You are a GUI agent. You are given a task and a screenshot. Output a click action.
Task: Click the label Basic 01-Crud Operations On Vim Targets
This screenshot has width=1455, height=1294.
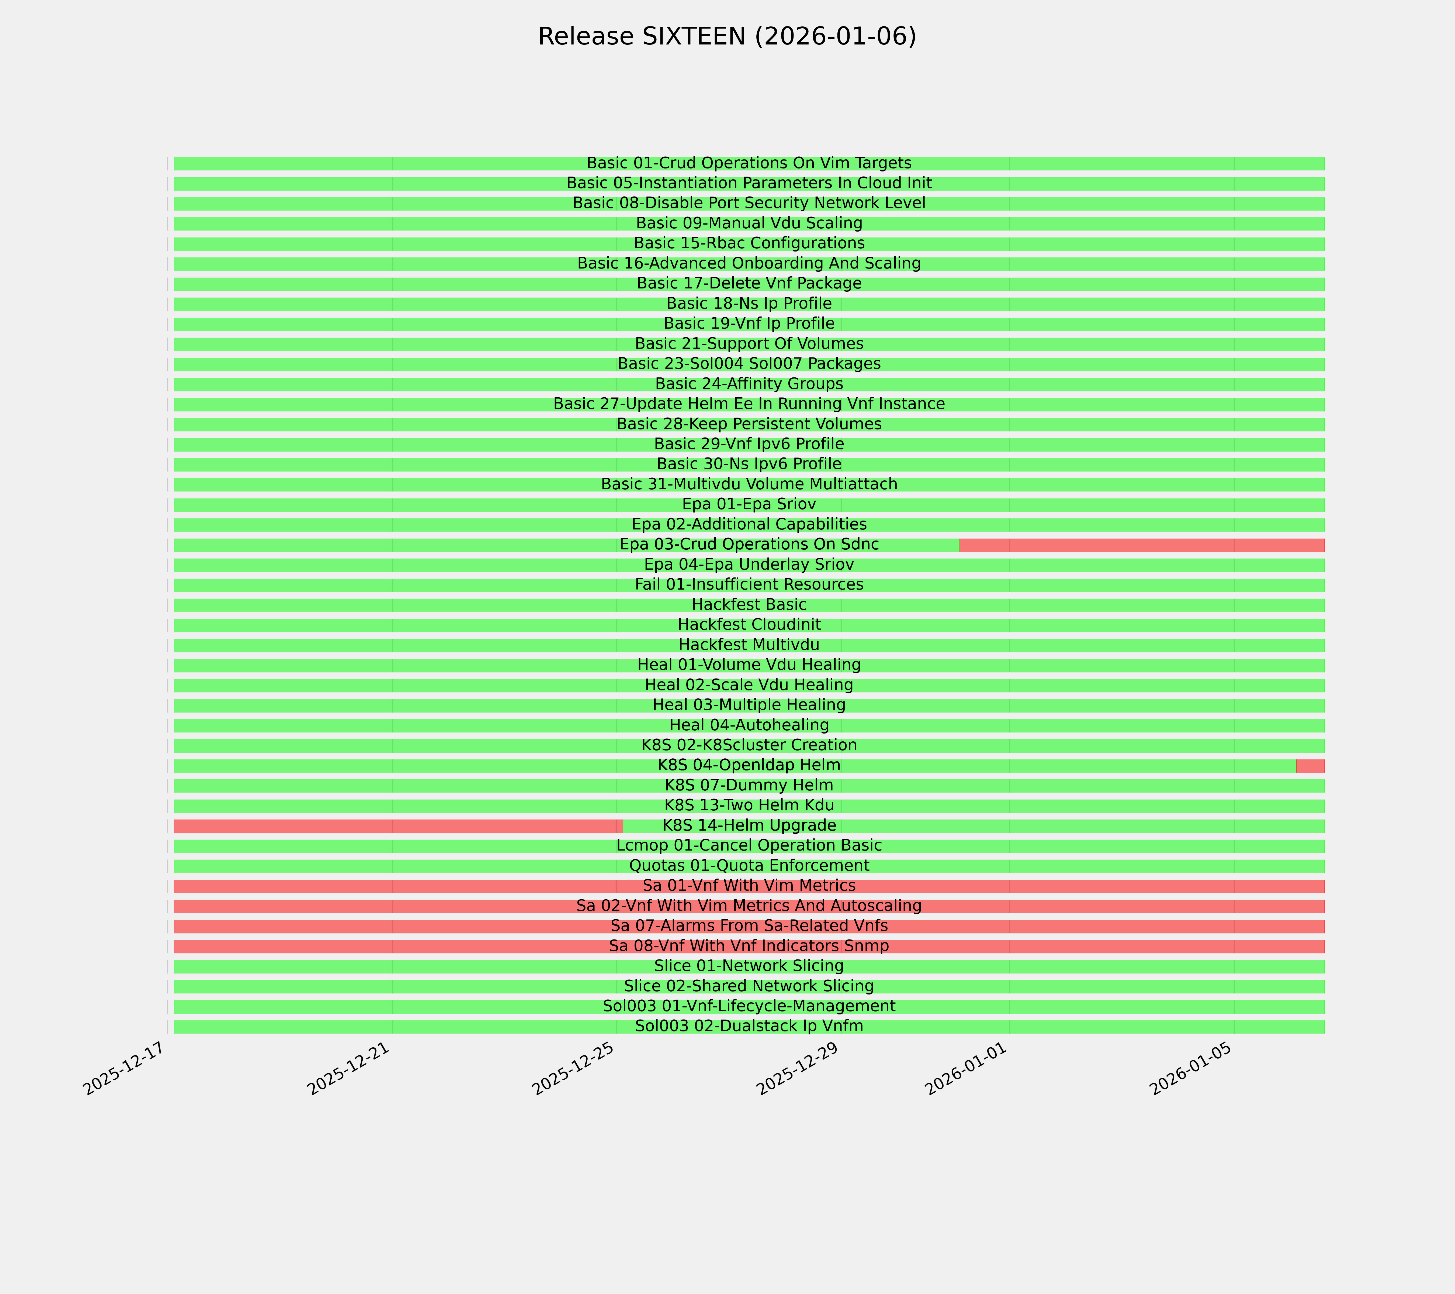tap(749, 163)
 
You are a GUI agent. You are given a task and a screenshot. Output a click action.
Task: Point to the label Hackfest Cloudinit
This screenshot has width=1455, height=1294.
tap(749, 625)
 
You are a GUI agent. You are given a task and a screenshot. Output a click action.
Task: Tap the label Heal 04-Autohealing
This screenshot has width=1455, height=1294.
tap(749, 725)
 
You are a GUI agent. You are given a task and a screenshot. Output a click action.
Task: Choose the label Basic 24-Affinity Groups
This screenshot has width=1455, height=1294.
tap(749, 384)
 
